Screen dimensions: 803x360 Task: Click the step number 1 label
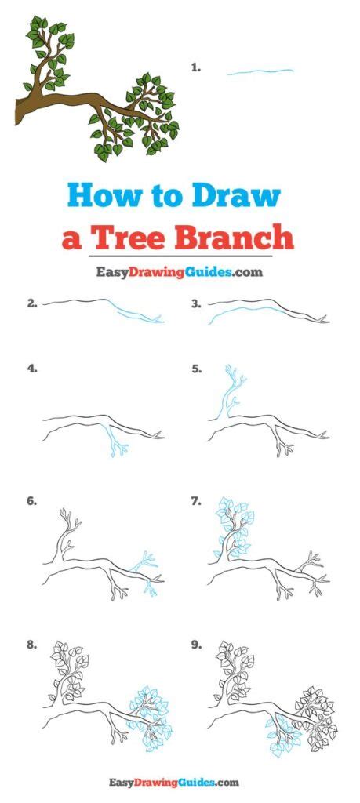click(x=195, y=68)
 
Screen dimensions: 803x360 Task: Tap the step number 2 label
click(x=32, y=303)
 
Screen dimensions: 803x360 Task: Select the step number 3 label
click(x=197, y=303)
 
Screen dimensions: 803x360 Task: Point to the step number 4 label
click(x=32, y=367)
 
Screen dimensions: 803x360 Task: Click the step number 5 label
click(x=197, y=367)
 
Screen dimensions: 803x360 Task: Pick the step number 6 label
click(x=32, y=500)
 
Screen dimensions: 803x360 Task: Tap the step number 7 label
click(x=197, y=500)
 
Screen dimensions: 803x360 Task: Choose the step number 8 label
click(x=32, y=645)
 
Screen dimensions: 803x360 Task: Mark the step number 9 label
click(x=197, y=645)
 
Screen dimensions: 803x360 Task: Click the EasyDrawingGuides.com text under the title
click(x=179, y=272)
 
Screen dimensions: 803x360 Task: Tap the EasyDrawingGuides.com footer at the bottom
click(x=179, y=782)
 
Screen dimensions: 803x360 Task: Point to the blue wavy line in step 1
click(x=260, y=72)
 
